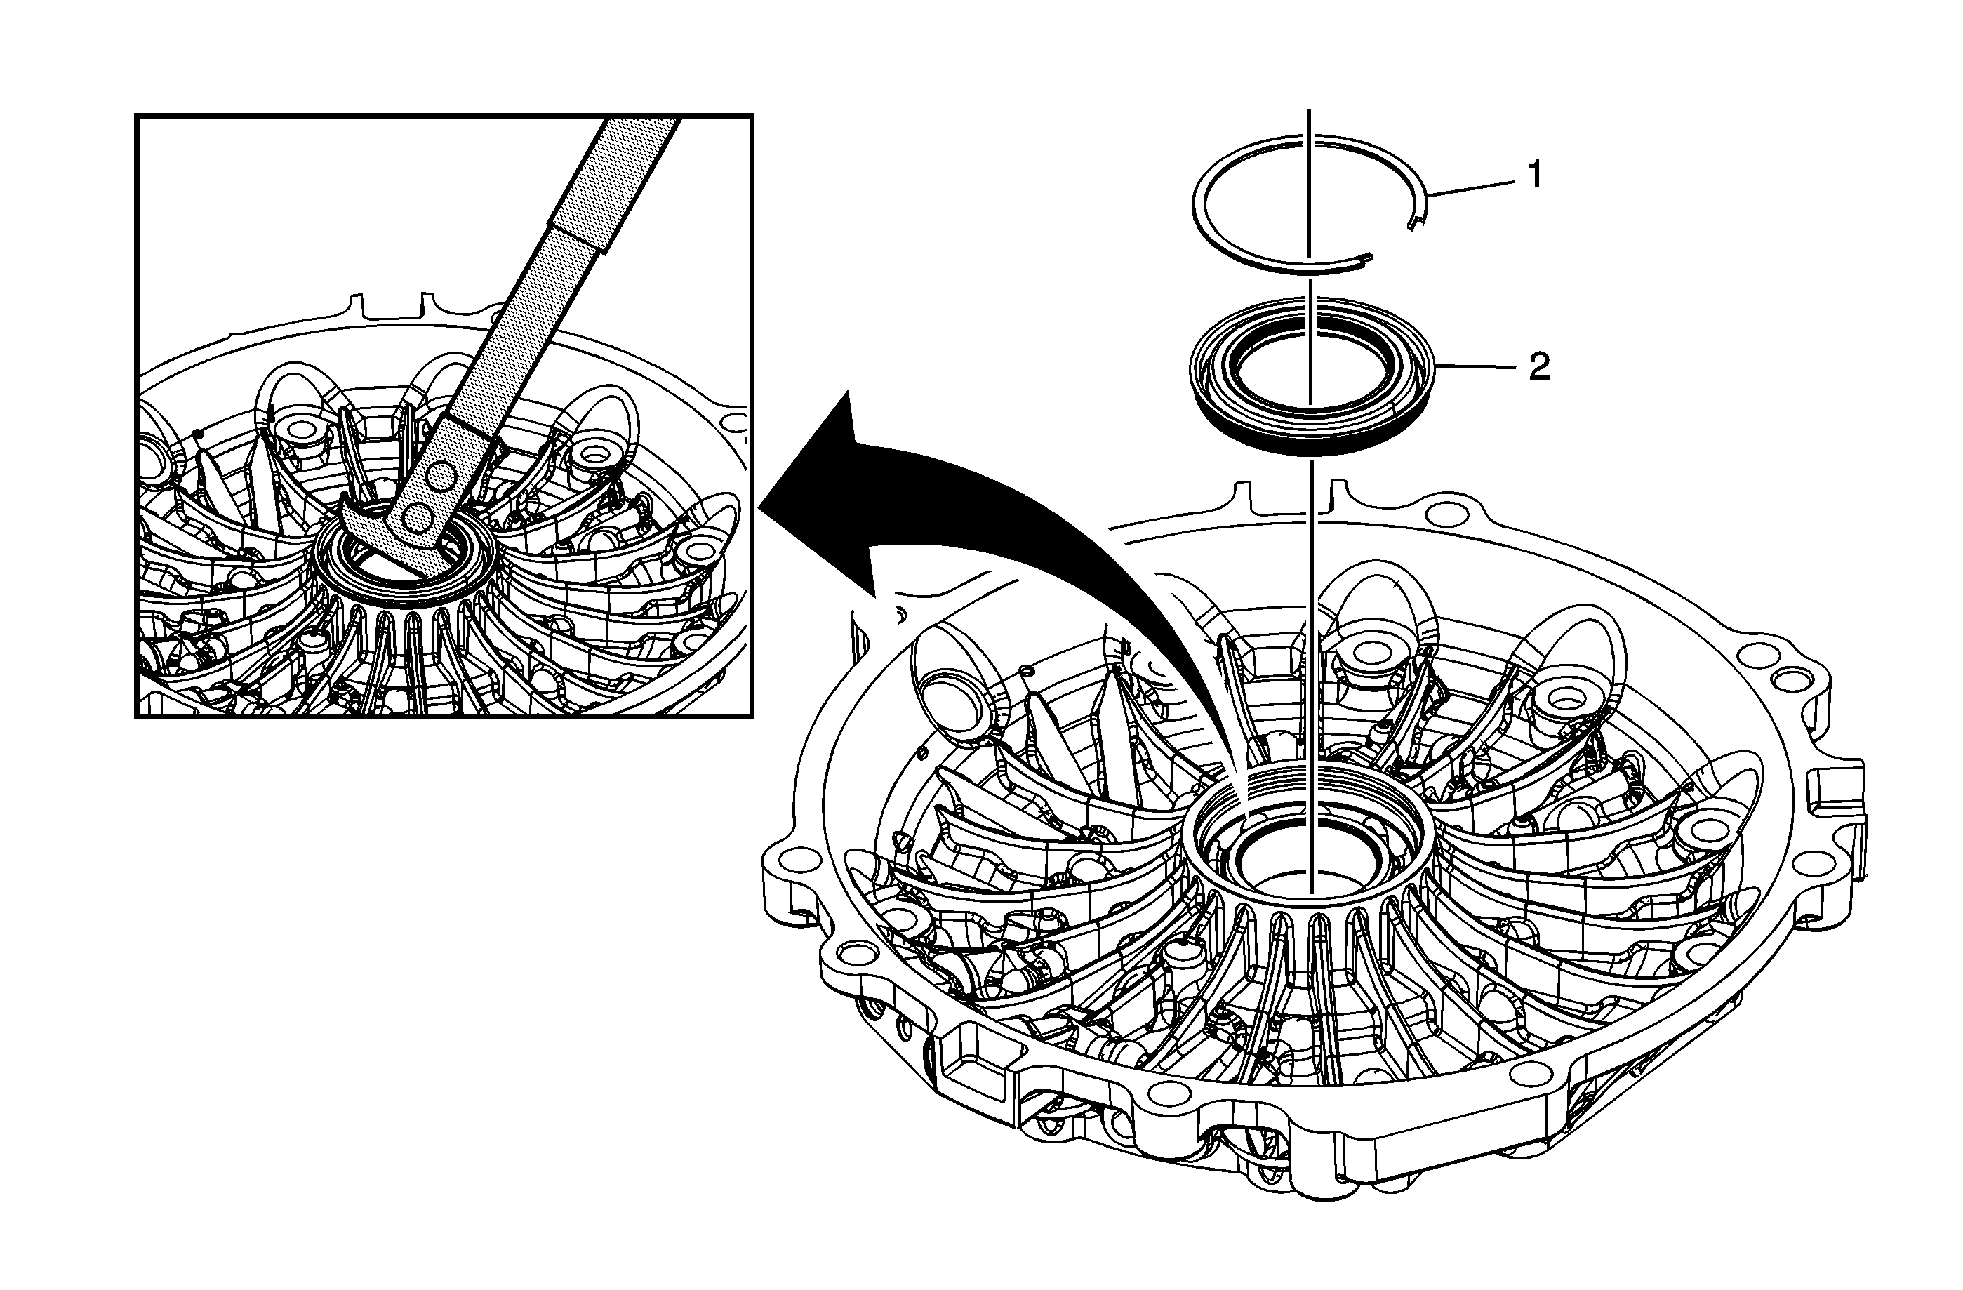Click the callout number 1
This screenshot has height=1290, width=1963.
[1535, 175]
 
